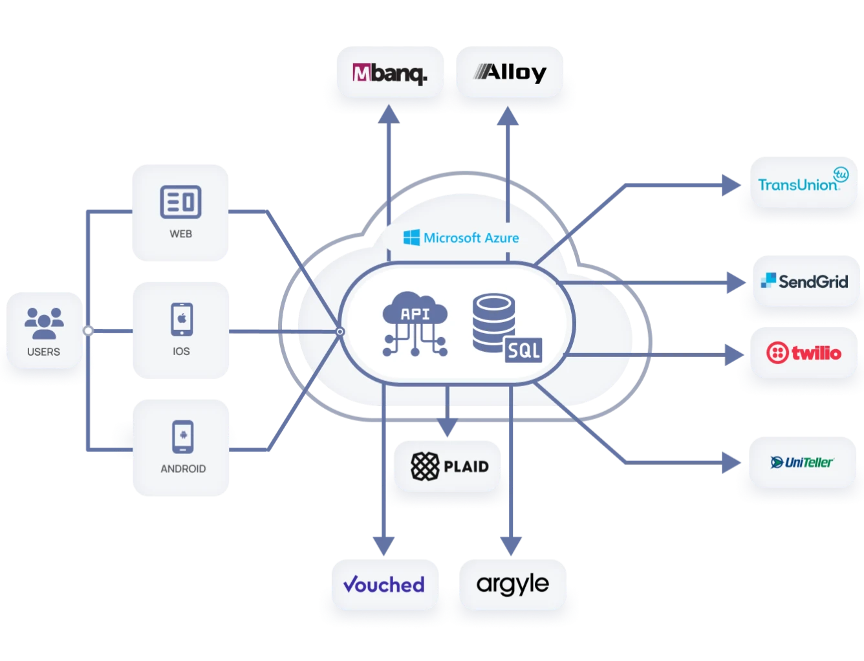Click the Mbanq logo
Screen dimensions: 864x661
[x=390, y=73]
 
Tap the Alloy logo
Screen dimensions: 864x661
[x=510, y=72]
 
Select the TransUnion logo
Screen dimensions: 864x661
[x=803, y=180]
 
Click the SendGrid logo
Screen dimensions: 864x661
[x=804, y=281]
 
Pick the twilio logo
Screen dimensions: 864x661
[x=803, y=352]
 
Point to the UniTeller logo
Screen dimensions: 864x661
[x=802, y=462]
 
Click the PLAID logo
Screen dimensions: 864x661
[x=449, y=466]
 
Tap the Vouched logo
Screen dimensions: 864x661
[x=383, y=584]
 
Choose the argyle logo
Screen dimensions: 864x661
[x=512, y=584]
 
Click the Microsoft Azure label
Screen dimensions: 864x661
[x=461, y=238]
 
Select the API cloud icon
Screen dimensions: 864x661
[x=415, y=324]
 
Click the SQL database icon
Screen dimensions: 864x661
[x=507, y=328]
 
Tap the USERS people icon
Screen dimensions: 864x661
[x=44, y=323]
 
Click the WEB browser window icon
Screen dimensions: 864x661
[x=180, y=202]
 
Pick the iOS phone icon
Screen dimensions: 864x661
[x=182, y=320]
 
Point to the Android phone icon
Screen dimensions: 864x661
[x=183, y=437]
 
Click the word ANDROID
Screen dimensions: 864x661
[x=183, y=469]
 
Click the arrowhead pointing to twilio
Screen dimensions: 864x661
[x=735, y=354]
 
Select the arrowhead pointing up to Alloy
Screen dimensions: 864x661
[x=508, y=116]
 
